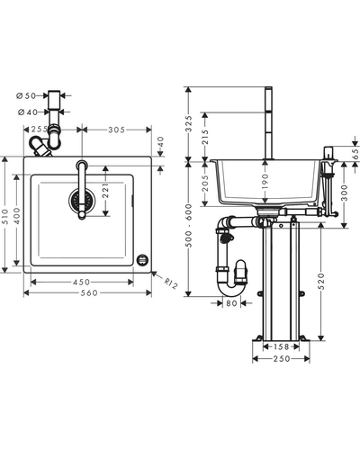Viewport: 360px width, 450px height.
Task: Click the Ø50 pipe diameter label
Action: pos(26,95)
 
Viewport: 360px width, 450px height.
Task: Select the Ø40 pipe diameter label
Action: pos(28,112)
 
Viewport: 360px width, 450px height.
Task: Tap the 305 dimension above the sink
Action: pos(116,130)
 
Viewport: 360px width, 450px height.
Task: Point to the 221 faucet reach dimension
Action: pos(105,191)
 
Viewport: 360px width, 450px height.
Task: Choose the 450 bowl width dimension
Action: pos(82,282)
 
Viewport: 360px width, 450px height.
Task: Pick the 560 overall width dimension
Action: pos(89,292)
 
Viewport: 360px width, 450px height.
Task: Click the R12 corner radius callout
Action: pos(171,283)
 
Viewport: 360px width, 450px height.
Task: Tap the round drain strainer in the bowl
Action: pos(82,199)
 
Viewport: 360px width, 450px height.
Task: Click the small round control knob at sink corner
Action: pos(142,260)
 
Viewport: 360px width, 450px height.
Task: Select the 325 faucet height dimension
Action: pos(188,123)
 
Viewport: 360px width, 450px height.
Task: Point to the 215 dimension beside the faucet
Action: pos(205,137)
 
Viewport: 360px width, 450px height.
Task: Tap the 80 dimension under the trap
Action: pos(231,303)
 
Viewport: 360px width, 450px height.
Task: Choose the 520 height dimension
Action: pos(321,281)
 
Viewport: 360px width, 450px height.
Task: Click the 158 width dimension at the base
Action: pos(281,346)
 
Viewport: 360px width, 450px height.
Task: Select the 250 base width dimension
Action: pos(282,359)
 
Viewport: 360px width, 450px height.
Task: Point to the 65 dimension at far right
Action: pos(355,154)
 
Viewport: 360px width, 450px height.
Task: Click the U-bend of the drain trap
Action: pos(231,289)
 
